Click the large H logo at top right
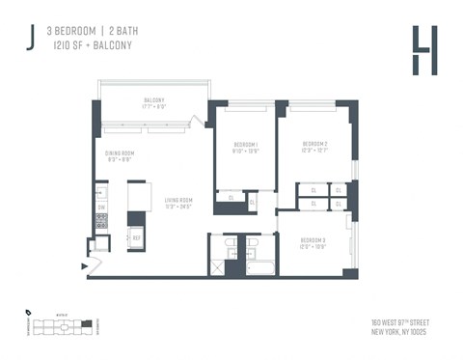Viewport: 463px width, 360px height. click(422, 50)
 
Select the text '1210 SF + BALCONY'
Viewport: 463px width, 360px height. click(89, 44)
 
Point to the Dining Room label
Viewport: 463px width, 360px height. click(120, 156)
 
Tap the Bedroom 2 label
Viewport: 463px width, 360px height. click(315, 147)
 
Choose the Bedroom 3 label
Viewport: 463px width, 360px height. click(314, 242)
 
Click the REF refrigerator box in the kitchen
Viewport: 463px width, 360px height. click(136, 236)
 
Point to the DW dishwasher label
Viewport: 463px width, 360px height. click(101, 208)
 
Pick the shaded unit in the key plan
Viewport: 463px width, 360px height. click(86, 323)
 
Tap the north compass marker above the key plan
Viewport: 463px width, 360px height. click(29, 312)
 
